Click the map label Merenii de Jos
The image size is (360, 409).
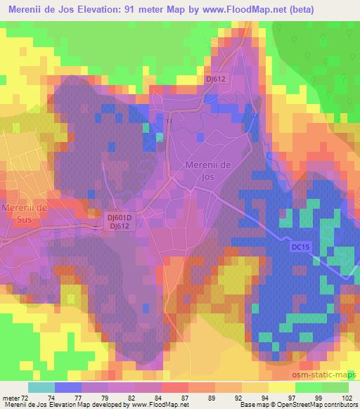coord(208,169)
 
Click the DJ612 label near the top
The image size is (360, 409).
coord(216,79)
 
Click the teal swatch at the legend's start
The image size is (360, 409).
coord(41,387)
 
